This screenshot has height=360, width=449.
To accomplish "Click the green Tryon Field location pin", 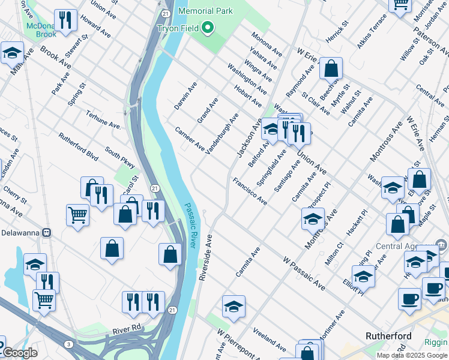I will click(208, 28).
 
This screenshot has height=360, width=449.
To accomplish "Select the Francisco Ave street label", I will click(250, 191).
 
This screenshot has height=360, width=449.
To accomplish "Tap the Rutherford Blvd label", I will click(78, 146).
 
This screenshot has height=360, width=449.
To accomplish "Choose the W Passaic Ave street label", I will click(304, 274).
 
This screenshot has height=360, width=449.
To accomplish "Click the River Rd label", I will click(126, 329).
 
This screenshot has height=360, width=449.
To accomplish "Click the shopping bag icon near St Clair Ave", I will click(331, 68).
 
